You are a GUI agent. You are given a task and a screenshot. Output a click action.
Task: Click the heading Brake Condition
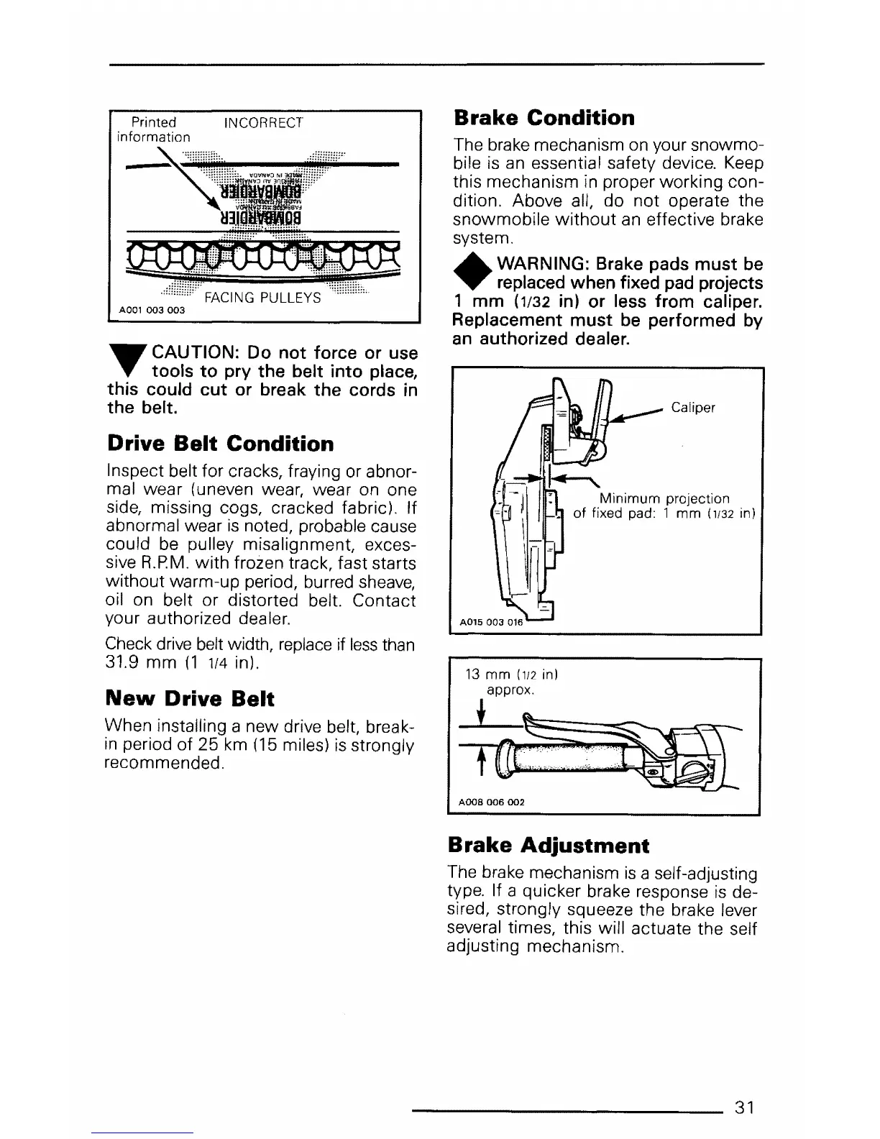[544, 118]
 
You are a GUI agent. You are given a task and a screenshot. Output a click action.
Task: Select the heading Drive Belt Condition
[220, 444]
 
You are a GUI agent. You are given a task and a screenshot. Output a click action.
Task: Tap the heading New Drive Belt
[190, 698]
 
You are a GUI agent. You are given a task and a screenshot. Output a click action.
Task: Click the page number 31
[744, 1107]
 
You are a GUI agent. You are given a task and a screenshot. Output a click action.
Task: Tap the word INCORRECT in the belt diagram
[264, 123]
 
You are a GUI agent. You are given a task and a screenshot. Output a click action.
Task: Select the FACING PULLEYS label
[262, 298]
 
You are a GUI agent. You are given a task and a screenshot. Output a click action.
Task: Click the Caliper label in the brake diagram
[693, 408]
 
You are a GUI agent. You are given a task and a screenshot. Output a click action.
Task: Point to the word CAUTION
[192, 353]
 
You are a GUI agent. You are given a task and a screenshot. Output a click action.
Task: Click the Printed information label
[154, 129]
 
